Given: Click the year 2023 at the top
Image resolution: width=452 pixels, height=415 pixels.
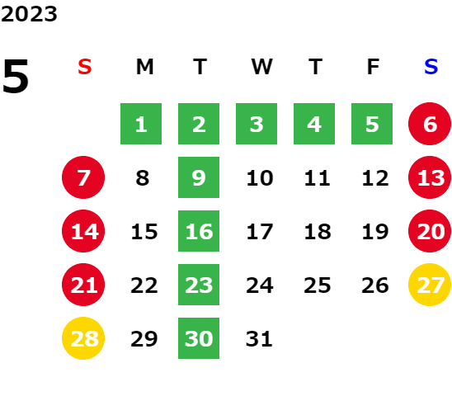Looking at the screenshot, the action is click(29, 14).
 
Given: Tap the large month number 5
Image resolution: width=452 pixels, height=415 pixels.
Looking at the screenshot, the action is click(16, 76).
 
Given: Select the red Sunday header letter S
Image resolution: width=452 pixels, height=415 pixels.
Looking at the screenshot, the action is click(85, 67).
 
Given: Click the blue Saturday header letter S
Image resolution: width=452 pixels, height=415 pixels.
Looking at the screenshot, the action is click(431, 67).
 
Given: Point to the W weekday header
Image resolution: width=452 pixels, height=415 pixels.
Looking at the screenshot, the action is click(261, 67).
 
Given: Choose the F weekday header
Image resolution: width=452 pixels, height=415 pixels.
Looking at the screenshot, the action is click(373, 67).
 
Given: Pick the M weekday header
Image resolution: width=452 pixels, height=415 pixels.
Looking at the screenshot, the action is click(144, 67).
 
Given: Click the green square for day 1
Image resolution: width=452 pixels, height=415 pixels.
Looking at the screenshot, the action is click(141, 124).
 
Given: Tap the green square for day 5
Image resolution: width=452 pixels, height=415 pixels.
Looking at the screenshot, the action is click(372, 124).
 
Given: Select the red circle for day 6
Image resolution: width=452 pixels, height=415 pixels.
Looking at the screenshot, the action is click(430, 124).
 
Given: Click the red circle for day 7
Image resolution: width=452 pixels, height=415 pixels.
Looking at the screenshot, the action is click(83, 177).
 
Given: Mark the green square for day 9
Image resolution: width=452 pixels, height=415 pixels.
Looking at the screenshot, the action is click(199, 177).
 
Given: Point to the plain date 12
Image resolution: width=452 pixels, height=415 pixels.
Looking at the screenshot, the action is click(375, 178).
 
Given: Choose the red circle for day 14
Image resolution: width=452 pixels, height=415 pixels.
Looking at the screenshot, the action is click(83, 231).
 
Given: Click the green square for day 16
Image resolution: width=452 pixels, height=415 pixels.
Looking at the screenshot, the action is click(199, 231).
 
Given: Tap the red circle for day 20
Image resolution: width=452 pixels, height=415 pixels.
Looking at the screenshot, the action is click(430, 231).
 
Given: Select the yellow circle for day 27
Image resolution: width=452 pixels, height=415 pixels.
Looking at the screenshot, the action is click(430, 285).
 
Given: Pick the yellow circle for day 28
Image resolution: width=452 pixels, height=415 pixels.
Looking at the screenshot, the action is click(83, 338).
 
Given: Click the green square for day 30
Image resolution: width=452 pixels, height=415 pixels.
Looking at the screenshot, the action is click(199, 338).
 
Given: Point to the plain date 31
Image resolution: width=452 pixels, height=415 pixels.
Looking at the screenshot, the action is click(259, 339).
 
